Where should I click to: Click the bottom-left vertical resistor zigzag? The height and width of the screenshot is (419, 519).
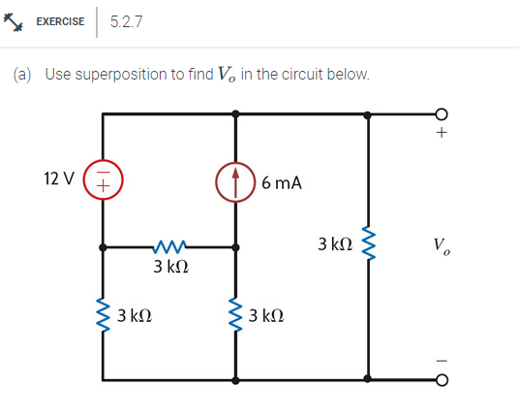[104, 314]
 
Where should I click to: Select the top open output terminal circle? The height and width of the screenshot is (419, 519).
[443, 113]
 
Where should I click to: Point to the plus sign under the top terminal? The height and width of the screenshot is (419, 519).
[443, 134]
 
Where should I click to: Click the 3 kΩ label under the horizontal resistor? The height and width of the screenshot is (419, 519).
[170, 268]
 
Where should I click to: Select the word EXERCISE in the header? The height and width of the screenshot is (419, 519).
[60, 21]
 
